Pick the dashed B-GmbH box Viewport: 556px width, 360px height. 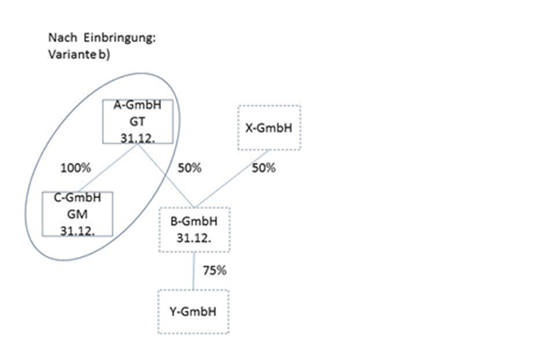point(194,229)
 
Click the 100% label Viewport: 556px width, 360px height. point(77,168)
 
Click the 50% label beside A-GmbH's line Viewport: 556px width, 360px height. point(188,168)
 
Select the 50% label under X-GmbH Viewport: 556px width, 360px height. point(262,168)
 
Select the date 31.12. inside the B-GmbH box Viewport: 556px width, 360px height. point(194,236)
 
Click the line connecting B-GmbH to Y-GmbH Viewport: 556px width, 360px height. point(194,271)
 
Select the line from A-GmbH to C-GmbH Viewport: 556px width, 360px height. point(107,168)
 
